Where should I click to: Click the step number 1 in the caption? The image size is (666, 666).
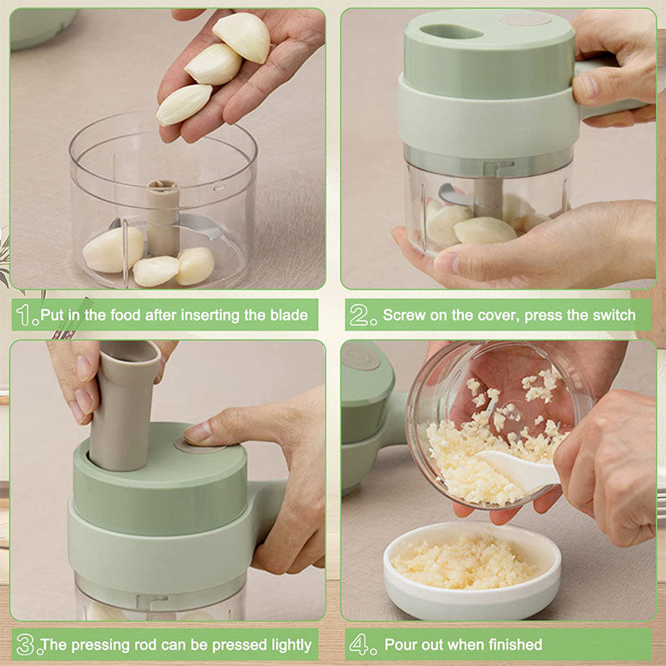(27, 316)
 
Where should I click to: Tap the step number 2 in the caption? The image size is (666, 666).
(360, 316)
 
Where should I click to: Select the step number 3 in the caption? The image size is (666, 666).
(26, 644)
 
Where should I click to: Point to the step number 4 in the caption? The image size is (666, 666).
(360, 644)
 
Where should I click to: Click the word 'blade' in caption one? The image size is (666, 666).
(288, 316)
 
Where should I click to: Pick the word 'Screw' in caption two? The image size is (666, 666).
(403, 316)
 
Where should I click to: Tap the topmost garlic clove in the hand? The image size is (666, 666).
(242, 37)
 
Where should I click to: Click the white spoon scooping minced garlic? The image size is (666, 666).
(516, 470)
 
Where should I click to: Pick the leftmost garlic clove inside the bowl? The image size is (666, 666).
(112, 250)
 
